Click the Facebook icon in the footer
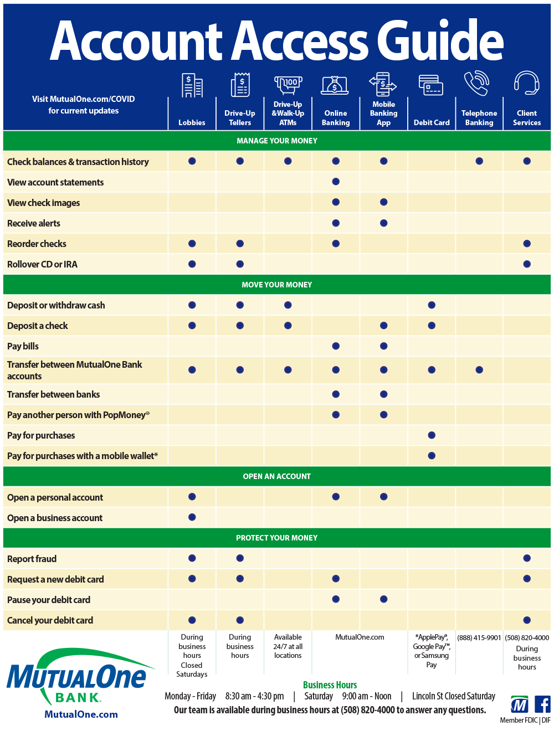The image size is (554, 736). [542, 705]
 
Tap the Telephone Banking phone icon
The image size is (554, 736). [476, 83]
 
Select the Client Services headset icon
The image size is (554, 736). [526, 83]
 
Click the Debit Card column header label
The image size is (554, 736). [432, 122]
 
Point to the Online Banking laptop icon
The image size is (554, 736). [335, 85]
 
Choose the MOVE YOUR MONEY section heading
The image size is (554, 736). [277, 285]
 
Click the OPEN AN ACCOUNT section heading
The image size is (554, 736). [277, 476]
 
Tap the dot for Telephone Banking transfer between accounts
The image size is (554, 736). [479, 370]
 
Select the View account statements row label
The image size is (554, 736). [55, 182]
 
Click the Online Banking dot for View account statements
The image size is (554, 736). [336, 182]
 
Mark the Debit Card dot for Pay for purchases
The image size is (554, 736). [432, 435]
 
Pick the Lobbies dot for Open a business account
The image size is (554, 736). [192, 517]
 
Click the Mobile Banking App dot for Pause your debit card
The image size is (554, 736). [384, 599]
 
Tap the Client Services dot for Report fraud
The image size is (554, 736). [527, 558]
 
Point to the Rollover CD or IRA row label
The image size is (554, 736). [43, 264]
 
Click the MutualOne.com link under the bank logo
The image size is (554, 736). [81, 714]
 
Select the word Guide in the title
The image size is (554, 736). [440, 42]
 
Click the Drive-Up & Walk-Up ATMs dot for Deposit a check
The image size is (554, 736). [288, 326]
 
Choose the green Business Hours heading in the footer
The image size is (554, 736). [330, 685]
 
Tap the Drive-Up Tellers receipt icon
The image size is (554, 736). [240, 85]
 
